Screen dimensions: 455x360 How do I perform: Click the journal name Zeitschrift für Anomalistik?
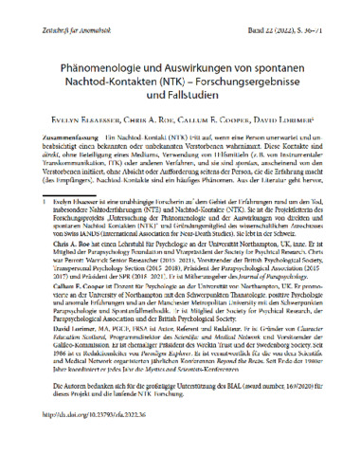(x=58, y=10)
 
